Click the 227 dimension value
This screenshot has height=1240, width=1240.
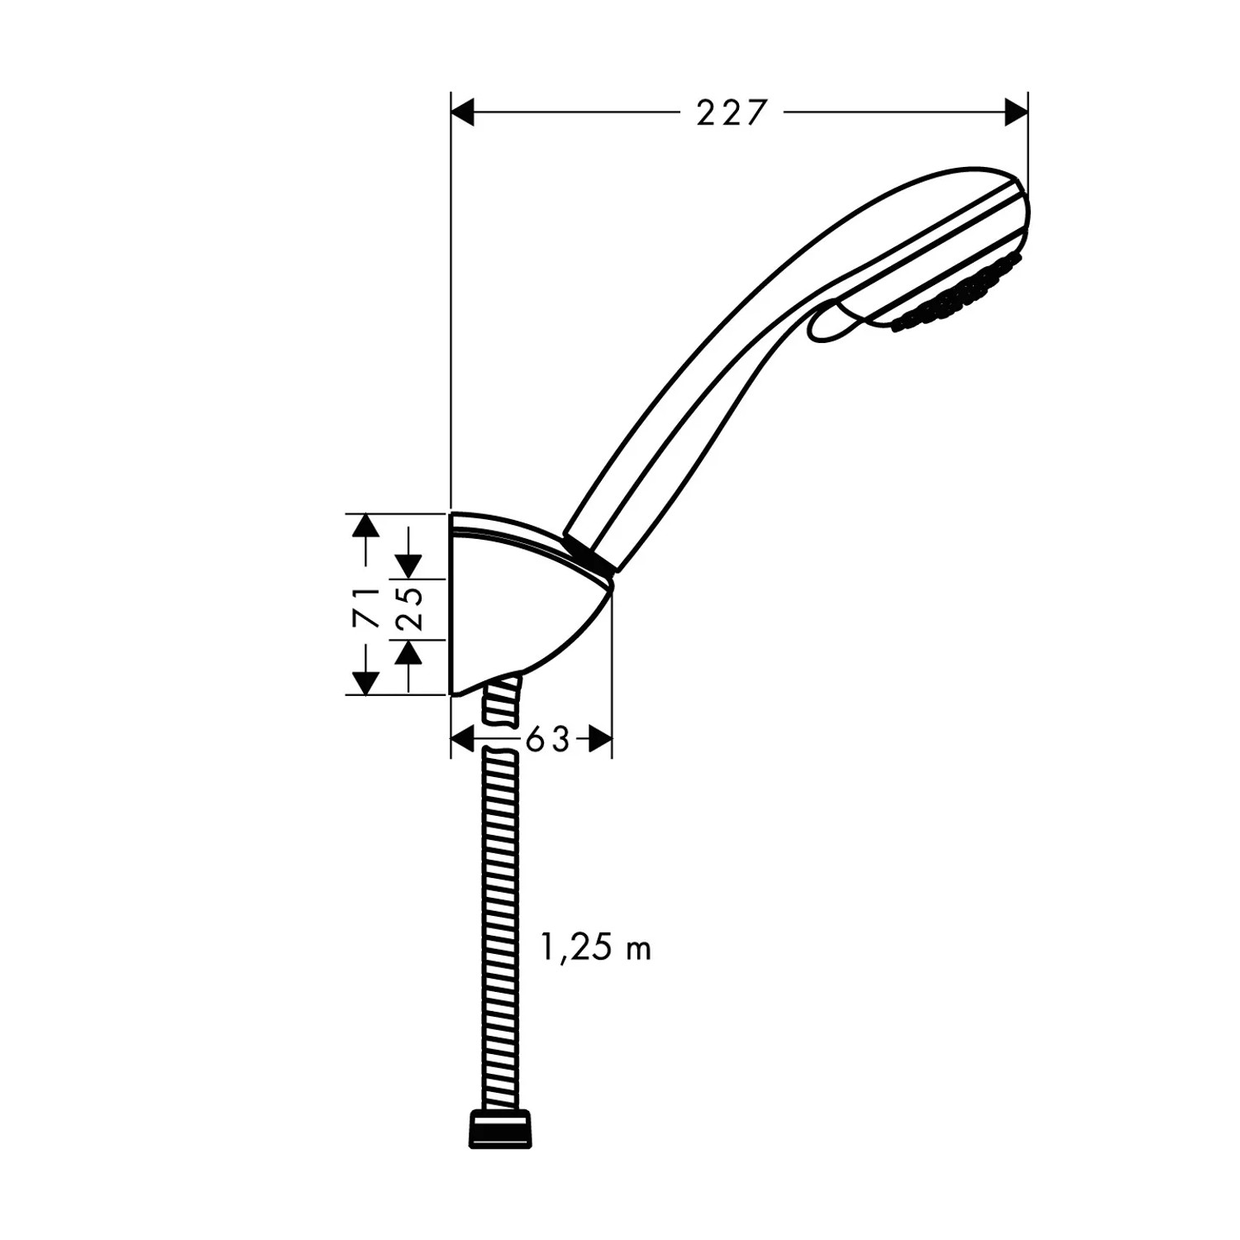(732, 112)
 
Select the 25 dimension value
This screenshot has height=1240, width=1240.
(411, 608)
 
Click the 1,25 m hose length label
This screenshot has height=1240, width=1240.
(595, 948)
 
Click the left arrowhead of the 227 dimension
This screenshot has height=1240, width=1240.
(464, 112)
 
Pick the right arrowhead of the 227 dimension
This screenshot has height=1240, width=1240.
(1015, 112)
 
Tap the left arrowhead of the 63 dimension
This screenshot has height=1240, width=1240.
(464, 739)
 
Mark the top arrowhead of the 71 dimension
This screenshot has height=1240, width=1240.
(365, 526)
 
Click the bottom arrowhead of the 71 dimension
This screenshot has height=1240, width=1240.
(365, 682)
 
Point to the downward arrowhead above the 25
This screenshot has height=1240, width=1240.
(408, 565)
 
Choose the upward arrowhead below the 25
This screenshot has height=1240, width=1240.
(408, 654)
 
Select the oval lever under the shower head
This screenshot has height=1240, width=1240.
(835, 322)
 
